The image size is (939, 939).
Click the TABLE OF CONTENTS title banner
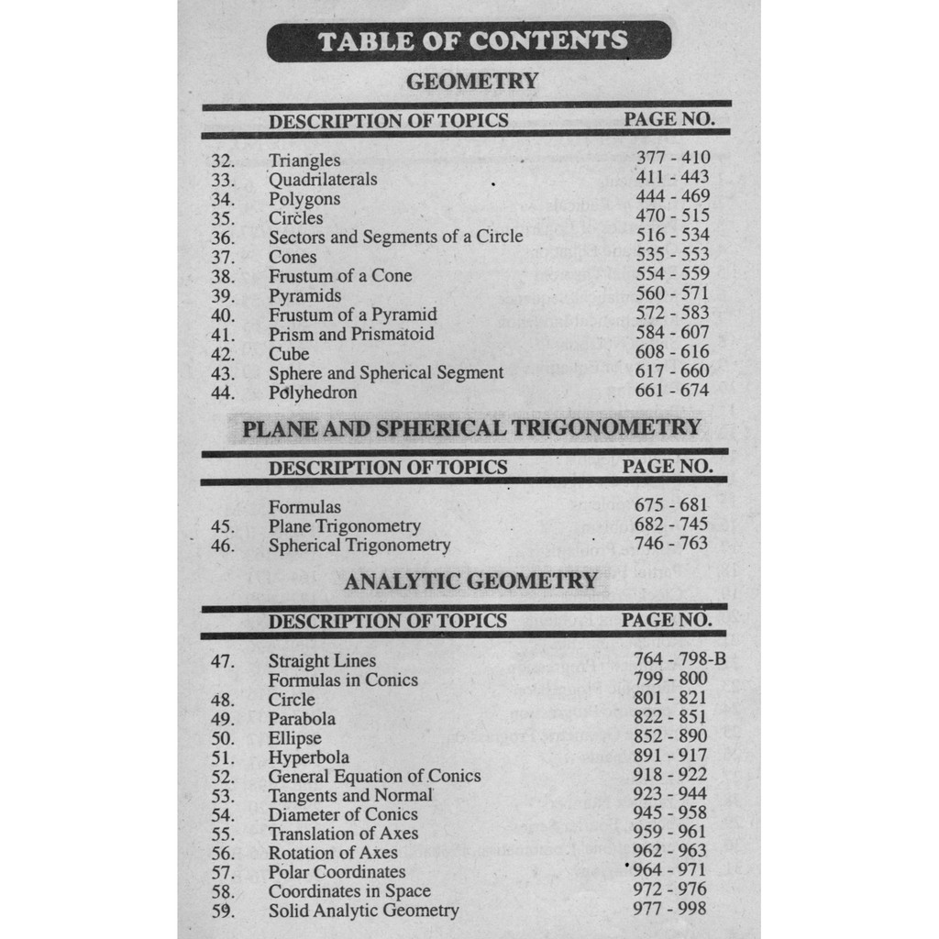(469, 41)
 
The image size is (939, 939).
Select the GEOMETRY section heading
(471, 82)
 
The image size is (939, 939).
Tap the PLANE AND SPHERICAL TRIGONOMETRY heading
(471, 428)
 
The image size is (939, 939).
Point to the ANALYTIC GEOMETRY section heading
(471, 580)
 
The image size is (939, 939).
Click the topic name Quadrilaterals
(323, 180)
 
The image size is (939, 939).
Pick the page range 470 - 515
(672, 216)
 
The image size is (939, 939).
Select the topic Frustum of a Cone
(340, 276)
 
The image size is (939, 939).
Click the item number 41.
(223, 335)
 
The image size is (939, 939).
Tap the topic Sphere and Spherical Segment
(386, 373)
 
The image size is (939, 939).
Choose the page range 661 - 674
(672, 391)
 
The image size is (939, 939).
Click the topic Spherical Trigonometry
(359, 546)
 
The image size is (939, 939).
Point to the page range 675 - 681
(671, 505)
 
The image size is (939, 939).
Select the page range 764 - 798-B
(679, 659)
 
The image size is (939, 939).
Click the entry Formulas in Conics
(343, 680)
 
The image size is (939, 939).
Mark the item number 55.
(223, 834)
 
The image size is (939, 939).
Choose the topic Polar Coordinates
(337, 872)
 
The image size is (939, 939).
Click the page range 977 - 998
(670, 909)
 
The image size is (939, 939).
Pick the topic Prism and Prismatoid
(351, 335)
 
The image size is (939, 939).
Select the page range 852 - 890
(670, 736)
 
